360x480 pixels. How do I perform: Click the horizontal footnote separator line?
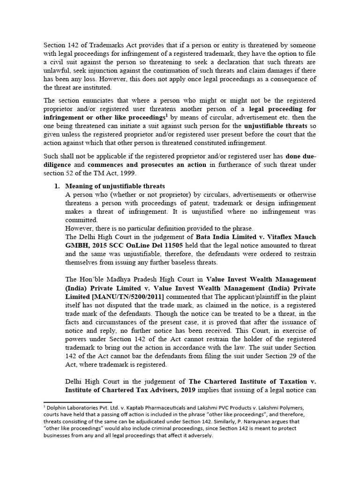(77, 402)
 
